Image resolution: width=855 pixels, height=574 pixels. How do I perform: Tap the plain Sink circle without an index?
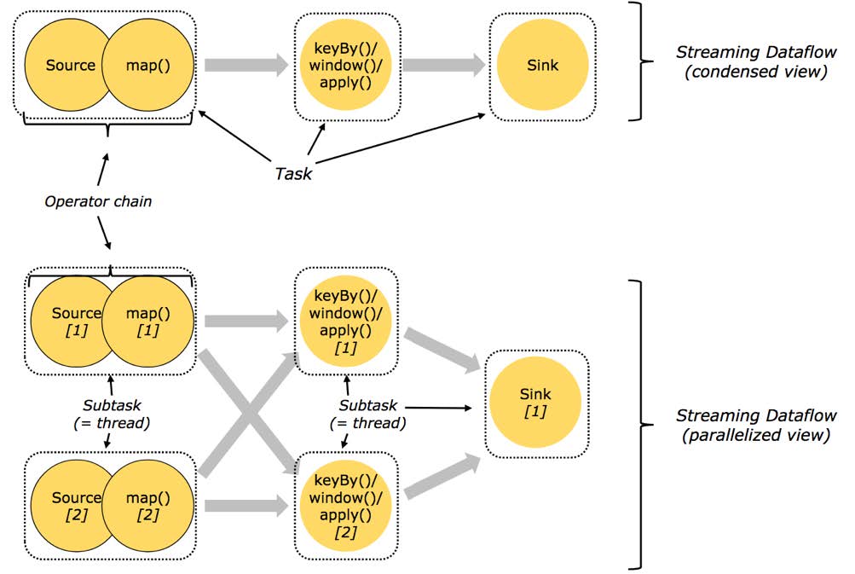(x=542, y=65)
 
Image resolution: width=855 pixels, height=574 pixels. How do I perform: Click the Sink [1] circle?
(x=535, y=402)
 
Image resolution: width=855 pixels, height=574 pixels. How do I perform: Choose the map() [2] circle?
(x=147, y=506)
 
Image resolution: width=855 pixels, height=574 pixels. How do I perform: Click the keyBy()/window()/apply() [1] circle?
(x=346, y=321)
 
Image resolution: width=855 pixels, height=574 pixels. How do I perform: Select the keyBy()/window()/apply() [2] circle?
(x=346, y=506)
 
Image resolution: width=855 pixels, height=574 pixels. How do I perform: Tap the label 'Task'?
(x=293, y=173)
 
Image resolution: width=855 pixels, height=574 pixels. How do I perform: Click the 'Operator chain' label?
(x=98, y=201)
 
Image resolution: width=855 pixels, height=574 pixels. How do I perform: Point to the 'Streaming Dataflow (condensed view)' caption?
(x=756, y=61)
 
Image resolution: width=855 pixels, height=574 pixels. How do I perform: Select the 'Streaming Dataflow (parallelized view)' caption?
(x=756, y=425)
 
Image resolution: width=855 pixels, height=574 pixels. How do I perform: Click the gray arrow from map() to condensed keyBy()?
(x=246, y=65)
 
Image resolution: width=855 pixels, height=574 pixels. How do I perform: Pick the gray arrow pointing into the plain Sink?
(x=444, y=65)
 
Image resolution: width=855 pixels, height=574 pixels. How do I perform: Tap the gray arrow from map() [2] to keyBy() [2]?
(x=246, y=506)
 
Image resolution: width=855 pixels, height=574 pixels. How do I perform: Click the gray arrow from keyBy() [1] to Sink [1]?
(x=442, y=351)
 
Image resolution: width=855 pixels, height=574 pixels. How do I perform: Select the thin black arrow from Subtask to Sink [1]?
(x=439, y=408)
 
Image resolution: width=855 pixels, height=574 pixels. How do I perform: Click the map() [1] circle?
(x=147, y=321)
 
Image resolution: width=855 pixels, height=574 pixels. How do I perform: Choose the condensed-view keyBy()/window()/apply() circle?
(x=346, y=65)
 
